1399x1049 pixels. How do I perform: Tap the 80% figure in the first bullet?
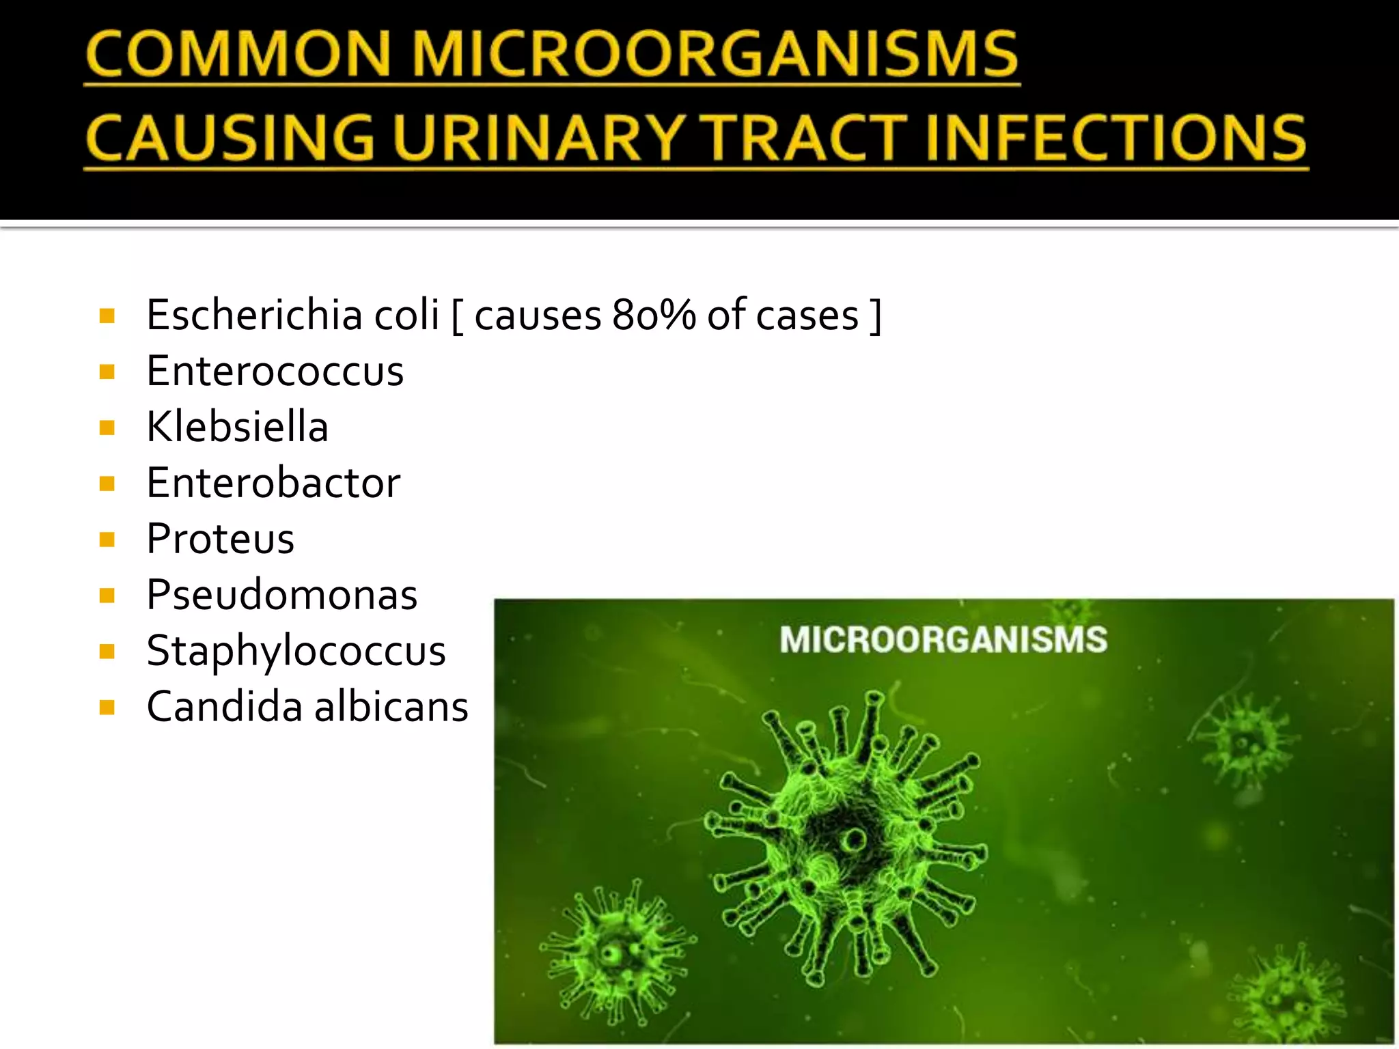[x=654, y=315]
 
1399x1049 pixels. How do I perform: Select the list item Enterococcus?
[x=275, y=372]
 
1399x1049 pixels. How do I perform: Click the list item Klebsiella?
[x=237, y=428]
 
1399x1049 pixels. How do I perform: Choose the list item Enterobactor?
[x=273, y=484]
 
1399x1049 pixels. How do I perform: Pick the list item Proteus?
[x=220, y=539]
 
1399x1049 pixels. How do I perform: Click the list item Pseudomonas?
[x=281, y=595]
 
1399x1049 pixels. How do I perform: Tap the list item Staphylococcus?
[x=296, y=651]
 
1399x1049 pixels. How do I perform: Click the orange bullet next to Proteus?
[x=107, y=540]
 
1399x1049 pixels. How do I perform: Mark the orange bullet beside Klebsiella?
[x=107, y=428]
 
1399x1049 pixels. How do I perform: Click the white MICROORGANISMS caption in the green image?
[x=943, y=640]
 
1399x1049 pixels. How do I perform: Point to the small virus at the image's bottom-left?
[x=616, y=951]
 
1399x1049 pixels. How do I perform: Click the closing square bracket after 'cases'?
[x=875, y=316]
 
